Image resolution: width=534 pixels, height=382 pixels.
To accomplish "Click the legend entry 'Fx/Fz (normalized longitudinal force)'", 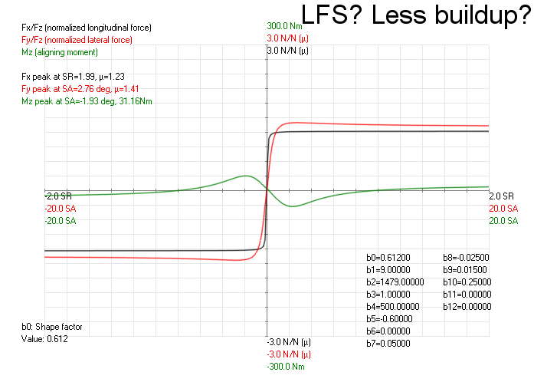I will (87, 28).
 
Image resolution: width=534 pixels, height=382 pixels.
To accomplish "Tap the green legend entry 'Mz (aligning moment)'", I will (60, 51).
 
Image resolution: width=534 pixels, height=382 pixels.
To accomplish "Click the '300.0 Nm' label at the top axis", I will (284, 25).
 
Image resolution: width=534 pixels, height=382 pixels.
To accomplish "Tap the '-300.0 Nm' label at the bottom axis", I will (286, 366).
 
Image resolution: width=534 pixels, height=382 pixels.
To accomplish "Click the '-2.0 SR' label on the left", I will (58, 196).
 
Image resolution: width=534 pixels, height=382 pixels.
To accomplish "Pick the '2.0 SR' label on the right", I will (501, 196).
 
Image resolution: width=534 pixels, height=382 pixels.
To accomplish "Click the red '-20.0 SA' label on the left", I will (61, 209).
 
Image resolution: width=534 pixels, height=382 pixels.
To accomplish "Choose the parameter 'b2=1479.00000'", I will (395, 282).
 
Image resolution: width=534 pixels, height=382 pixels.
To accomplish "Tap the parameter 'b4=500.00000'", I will (392, 307).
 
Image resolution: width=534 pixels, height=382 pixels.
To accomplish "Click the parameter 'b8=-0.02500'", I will (467, 258).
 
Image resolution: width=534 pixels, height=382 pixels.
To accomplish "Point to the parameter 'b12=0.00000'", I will (467, 307).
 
